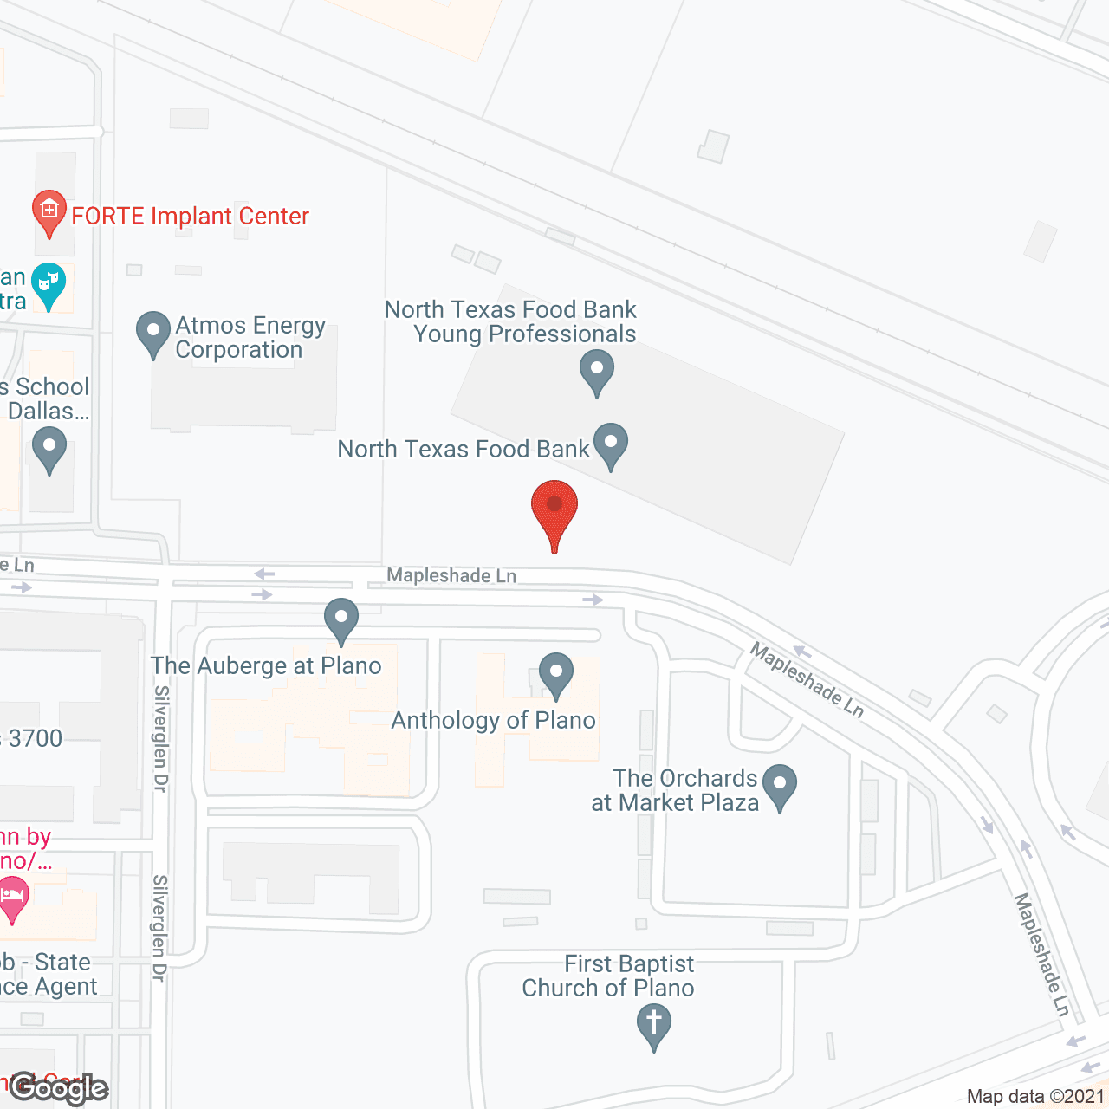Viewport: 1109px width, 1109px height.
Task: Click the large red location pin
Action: tap(554, 512)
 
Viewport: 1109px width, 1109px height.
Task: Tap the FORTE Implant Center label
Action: tap(190, 216)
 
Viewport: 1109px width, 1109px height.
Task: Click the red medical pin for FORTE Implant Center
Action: tap(49, 211)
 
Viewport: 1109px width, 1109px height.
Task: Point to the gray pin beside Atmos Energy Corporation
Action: tap(153, 334)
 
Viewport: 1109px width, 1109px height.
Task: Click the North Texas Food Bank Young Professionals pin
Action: tap(596, 372)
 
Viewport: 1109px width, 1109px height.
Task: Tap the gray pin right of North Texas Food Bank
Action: tap(611, 444)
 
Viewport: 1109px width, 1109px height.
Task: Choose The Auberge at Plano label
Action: tap(266, 665)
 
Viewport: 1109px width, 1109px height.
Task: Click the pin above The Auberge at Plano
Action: tap(341, 620)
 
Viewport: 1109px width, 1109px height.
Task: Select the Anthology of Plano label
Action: tap(493, 720)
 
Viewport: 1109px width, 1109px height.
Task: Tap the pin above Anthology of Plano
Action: tap(556, 674)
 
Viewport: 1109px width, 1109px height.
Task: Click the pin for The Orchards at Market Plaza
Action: tap(780, 786)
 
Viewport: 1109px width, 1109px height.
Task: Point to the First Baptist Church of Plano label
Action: tap(608, 976)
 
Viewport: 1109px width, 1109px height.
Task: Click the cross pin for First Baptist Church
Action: tap(654, 1026)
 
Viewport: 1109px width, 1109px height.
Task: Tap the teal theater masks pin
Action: tap(49, 284)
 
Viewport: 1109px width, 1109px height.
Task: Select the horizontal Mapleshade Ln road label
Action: tap(451, 575)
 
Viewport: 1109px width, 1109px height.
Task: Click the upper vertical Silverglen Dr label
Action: tap(161, 738)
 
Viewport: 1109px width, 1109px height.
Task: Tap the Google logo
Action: tap(59, 1088)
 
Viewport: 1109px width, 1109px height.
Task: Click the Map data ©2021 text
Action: tap(1035, 1096)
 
